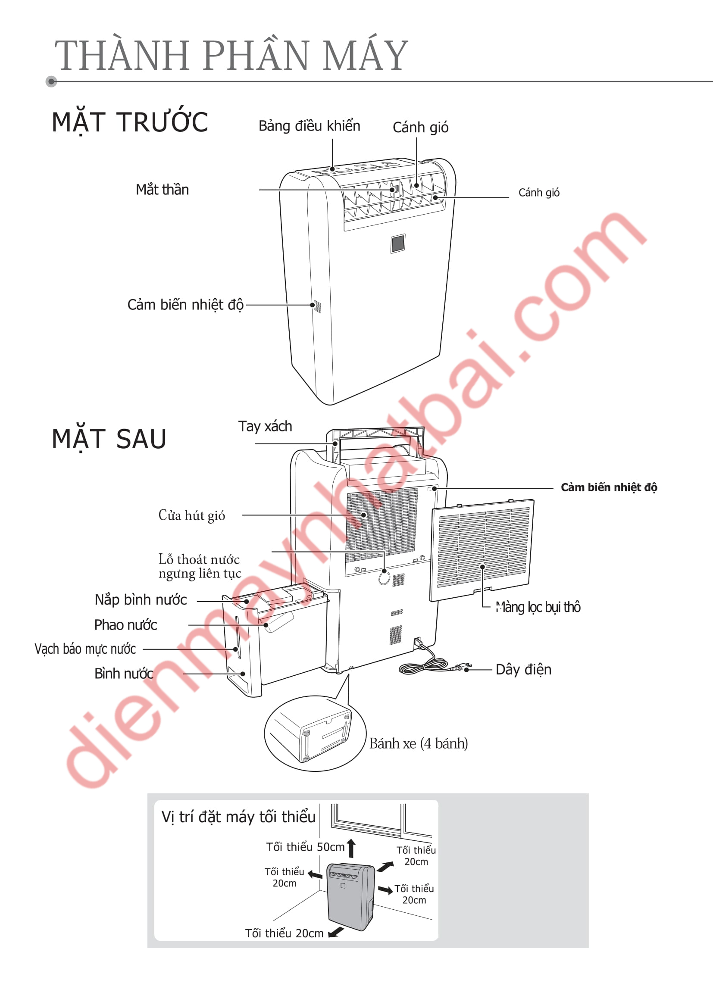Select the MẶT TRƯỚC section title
(130, 122)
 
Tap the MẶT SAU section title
(109, 439)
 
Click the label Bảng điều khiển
(309, 126)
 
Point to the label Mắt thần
(163, 190)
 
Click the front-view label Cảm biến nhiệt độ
(185, 305)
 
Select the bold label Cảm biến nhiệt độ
(609, 487)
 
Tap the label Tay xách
(265, 426)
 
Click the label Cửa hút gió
(192, 515)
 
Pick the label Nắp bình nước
(141, 600)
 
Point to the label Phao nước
(125, 625)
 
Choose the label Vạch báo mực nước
(85, 649)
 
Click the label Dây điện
(523, 670)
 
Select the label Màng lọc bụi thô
(538, 607)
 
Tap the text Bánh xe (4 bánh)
(419, 744)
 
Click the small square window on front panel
(398, 243)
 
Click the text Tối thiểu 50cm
(305, 847)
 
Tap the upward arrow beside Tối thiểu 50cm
(351, 848)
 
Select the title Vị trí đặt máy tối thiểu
(238, 817)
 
